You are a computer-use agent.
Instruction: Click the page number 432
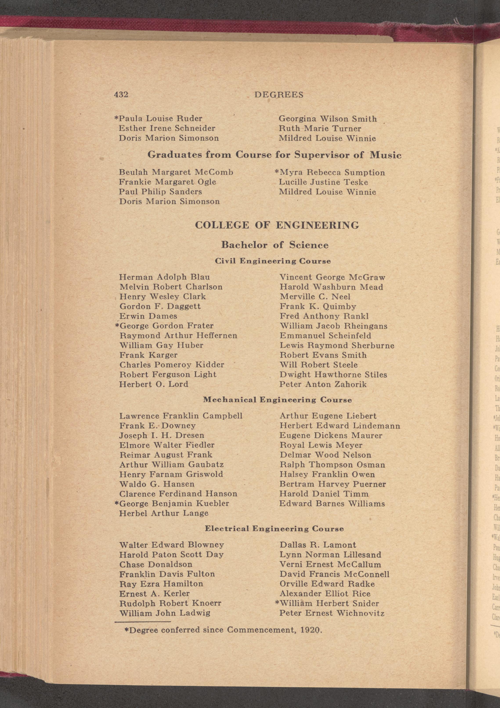click(121, 94)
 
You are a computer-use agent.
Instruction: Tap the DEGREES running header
click(279, 95)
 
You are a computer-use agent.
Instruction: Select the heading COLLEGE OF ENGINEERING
click(277, 225)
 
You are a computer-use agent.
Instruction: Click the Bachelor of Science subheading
click(275, 245)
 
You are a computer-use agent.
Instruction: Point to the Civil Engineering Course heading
click(273, 261)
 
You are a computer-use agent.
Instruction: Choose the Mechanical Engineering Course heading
click(277, 400)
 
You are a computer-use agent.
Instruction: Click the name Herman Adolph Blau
click(165, 277)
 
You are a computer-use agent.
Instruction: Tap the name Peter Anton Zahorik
click(323, 384)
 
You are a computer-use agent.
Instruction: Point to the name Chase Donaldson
click(156, 564)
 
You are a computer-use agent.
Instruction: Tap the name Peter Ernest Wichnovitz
click(332, 613)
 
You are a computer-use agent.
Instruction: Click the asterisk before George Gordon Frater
click(117, 325)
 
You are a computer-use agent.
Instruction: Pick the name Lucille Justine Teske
click(323, 182)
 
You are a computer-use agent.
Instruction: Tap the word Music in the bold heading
click(385, 155)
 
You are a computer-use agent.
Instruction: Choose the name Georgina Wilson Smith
click(328, 119)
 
